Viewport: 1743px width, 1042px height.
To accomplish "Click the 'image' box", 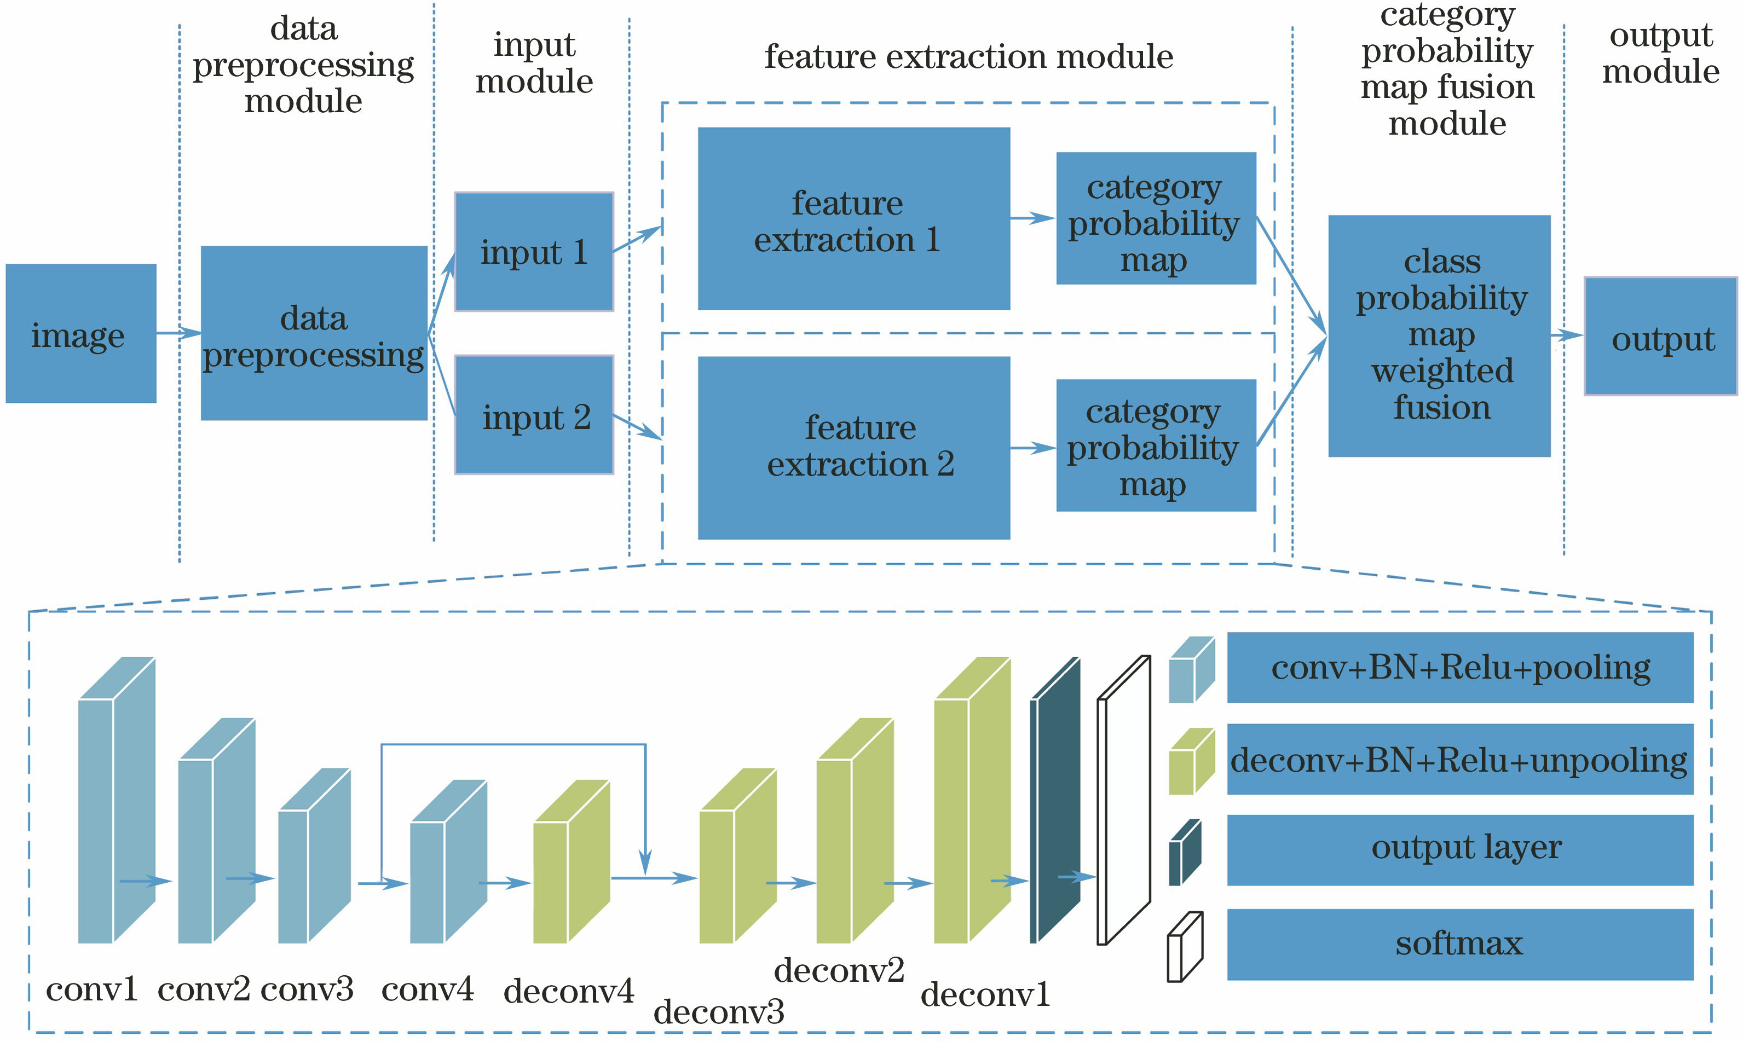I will [x=81, y=333].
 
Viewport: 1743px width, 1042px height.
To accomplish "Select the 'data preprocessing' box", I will [x=314, y=333].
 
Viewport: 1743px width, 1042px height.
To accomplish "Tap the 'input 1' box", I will [x=534, y=251].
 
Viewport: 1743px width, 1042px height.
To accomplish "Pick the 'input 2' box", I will [x=534, y=415].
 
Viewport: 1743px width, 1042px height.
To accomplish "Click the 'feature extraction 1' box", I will [x=853, y=218].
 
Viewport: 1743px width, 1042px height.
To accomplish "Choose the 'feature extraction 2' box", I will [x=853, y=448].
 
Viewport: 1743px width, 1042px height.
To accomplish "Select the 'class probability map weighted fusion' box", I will [x=1439, y=335].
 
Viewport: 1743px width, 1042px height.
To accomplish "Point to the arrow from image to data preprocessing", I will [x=178, y=333].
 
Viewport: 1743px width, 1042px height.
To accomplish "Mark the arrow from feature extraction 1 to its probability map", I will [x=1032, y=218].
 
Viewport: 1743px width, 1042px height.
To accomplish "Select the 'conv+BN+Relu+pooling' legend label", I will [x=1459, y=668].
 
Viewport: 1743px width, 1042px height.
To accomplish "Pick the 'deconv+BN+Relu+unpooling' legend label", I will [x=1459, y=760].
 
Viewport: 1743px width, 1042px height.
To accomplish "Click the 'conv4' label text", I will [x=427, y=989].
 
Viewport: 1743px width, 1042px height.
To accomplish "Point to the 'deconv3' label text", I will [x=718, y=1012].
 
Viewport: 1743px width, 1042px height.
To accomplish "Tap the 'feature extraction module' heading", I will [x=968, y=56].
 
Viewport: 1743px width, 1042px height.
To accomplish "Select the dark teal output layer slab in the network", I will [x=1054, y=801].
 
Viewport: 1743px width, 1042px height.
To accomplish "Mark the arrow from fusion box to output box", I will [x=1567, y=335].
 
